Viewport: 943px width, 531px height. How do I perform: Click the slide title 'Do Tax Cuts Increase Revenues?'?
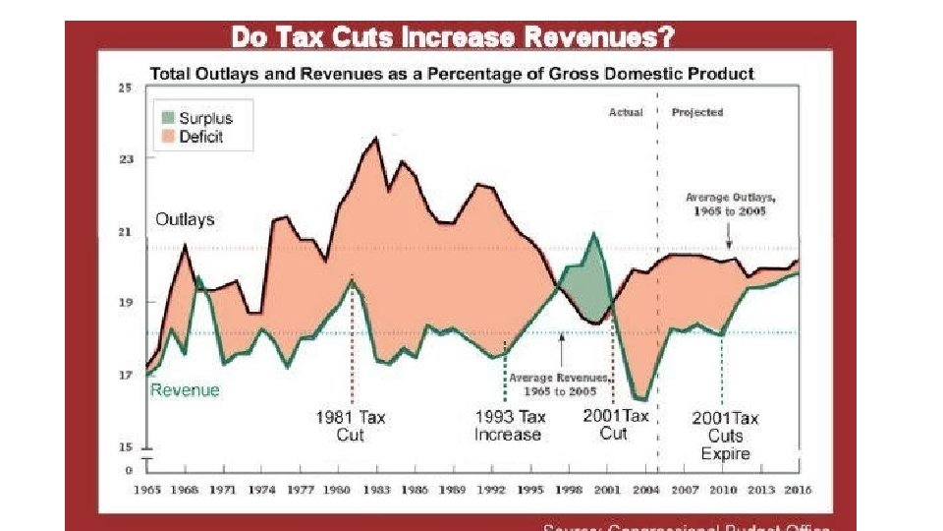point(453,38)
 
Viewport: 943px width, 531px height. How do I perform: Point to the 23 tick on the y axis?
point(125,158)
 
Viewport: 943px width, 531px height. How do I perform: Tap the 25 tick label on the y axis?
point(125,88)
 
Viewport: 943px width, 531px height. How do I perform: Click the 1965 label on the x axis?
point(148,489)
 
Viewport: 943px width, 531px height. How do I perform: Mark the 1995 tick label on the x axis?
point(529,489)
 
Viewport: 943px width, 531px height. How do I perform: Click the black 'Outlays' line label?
point(185,219)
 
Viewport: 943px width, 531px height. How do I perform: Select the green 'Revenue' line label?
point(185,389)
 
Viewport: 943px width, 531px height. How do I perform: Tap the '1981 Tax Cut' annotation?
point(351,426)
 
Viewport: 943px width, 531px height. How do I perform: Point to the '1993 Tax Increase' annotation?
point(509,426)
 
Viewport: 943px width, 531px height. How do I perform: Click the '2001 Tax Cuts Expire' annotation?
point(725,436)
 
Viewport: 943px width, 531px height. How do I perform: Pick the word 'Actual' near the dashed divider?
point(626,112)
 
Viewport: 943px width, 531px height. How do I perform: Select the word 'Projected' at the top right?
point(696,112)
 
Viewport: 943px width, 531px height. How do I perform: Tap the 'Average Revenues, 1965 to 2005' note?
point(557,384)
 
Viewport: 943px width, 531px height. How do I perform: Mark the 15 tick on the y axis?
point(125,446)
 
